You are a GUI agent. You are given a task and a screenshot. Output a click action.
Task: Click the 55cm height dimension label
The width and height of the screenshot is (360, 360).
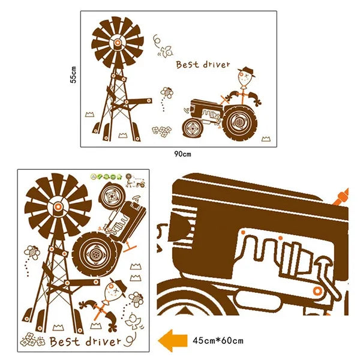point(74,74)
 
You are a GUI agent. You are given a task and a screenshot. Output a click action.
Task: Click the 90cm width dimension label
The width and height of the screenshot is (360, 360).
point(182,154)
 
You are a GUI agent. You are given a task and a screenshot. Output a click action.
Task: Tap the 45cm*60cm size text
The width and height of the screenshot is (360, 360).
point(218,340)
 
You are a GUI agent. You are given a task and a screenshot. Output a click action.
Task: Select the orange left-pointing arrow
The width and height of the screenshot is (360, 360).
point(173,341)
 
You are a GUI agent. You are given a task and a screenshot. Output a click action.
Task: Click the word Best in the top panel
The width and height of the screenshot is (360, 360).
point(187,65)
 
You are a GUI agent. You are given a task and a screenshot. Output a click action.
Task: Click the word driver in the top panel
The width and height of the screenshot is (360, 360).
point(216,64)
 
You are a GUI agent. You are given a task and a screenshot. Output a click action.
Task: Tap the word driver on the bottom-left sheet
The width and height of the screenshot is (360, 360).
point(103,341)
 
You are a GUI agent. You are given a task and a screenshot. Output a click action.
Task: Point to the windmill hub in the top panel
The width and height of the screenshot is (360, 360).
point(118,43)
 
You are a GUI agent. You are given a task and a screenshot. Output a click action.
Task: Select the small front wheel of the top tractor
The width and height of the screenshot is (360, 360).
point(193,128)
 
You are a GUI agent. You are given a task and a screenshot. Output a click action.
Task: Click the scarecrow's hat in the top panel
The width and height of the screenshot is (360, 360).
point(247,71)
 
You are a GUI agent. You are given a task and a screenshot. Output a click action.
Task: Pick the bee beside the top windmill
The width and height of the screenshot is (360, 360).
point(167,92)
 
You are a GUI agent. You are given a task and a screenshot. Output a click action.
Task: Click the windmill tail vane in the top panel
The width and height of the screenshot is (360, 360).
point(139,101)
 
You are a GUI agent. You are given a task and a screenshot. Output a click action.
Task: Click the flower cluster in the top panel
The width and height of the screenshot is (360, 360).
point(161,131)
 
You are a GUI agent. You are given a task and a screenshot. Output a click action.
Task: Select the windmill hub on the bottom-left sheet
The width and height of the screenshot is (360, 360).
point(58,206)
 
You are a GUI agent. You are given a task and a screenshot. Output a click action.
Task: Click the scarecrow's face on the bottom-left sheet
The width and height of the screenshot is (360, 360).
point(111,292)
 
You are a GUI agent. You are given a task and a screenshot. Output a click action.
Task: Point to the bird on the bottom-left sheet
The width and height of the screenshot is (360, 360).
point(134,320)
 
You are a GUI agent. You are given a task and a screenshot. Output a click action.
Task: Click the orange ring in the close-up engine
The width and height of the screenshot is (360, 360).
point(317,291)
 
